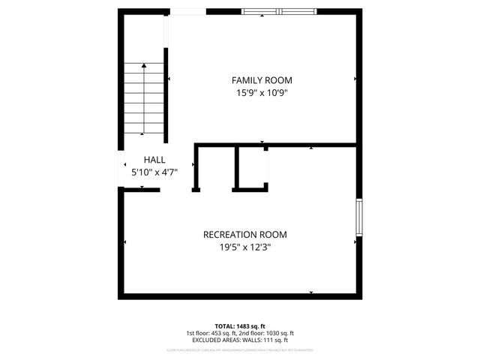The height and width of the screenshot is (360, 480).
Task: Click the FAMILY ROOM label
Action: click(x=262, y=80)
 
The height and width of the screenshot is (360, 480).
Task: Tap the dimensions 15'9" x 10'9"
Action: click(x=262, y=93)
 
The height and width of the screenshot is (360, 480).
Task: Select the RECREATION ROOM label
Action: click(x=244, y=235)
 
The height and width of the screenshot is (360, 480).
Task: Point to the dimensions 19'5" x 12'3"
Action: click(x=244, y=247)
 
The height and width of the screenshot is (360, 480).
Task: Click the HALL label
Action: click(x=154, y=160)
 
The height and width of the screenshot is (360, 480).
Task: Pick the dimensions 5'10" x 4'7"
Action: click(x=154, y=172)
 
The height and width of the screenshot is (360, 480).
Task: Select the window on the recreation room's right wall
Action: click(x=358, y=217)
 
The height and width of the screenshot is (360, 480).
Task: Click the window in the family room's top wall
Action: click(x=278, y=11)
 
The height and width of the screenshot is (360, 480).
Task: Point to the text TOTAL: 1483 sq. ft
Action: click(x=239, y=326)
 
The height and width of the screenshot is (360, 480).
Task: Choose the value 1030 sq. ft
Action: click(x=280, y=333)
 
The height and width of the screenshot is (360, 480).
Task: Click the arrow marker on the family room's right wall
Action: click(x=355, y=78)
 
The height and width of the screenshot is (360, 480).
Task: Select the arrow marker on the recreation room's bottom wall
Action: click(x=310, y=292)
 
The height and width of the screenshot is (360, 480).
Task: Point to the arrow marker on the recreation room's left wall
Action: click(x=125, y=241)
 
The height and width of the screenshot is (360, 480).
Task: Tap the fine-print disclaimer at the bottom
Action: click(x=239, y=349)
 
